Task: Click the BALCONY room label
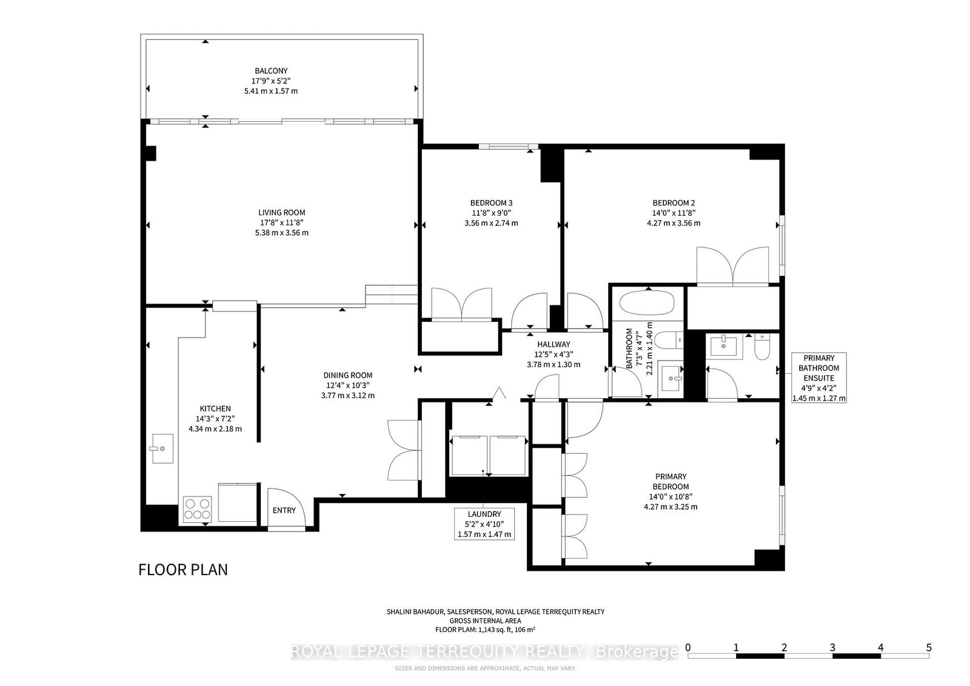tap(271, 71)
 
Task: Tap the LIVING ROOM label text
tap(282, 213)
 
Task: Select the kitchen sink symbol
tap(162, 448)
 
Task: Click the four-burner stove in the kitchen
tap(198, 508)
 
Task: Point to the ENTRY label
tap(284, 510)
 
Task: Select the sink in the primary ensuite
tap(724, 346)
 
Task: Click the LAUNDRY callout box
tap(484, 524)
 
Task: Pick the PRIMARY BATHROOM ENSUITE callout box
tap(818, 378)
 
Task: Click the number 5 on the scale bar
tap(929, 647)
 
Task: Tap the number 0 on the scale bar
tap(688, 647)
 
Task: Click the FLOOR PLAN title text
tap(183, 570)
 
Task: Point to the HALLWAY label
tap(554, 344)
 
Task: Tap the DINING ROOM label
tap(347, 375)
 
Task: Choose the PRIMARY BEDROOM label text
tap(671, 481)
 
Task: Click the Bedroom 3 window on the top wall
tap(508, 146)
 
